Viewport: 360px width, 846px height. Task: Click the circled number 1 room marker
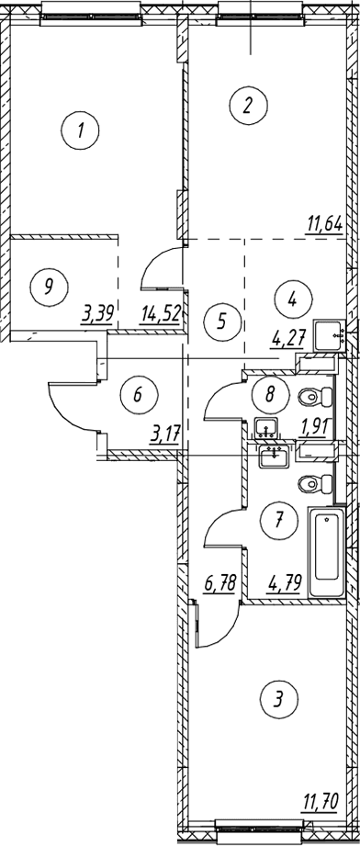click(x=80, y=130)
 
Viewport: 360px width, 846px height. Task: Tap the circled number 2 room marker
click(x=248, y=106)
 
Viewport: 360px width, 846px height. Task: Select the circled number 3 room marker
click(x=278, y=700)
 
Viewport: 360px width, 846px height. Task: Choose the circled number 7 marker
click(x=278, y=520)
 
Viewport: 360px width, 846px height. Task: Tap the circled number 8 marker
click(x=270, y=393)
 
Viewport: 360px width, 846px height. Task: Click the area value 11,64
click(x=324, y=224)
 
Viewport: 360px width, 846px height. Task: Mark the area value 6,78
click(x=219, y=584)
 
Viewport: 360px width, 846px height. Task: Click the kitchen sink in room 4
click(x=329, y=337)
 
